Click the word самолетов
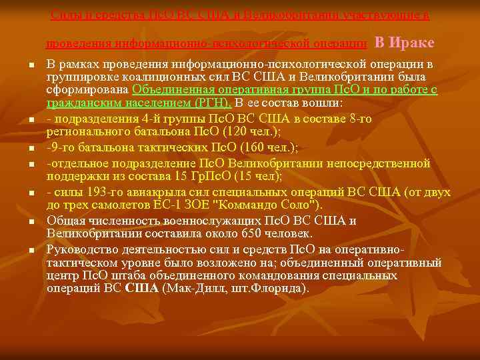click(116, 205)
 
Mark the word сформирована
click(87, 89)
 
